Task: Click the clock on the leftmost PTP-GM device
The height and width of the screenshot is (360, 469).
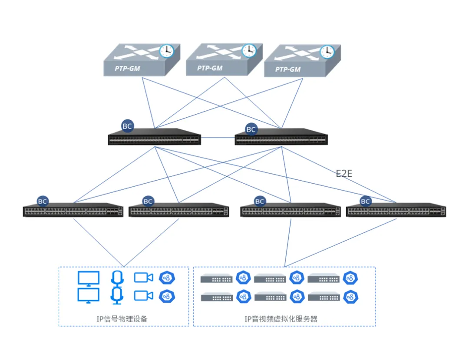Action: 166,51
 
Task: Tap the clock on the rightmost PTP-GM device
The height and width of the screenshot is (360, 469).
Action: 327,52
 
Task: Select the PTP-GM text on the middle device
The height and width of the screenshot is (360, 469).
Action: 210,68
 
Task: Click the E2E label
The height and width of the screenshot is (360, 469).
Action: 344,174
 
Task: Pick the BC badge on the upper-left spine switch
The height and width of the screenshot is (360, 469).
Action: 127,126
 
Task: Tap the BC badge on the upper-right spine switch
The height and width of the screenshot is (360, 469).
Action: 251,129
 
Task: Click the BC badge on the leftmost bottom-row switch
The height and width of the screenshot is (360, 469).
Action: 43,201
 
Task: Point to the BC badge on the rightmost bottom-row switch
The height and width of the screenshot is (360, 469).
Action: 365,201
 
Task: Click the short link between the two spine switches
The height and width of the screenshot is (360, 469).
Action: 217,138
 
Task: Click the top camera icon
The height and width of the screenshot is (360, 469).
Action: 143,277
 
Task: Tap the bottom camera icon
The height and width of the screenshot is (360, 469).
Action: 143,296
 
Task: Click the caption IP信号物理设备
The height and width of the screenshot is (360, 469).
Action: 122,319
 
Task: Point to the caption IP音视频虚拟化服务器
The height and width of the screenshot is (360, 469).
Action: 281,319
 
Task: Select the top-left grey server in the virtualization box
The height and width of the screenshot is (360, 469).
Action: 216,278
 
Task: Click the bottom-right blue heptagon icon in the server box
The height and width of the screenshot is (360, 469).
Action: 350,297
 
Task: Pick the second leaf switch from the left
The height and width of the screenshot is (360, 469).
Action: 179,211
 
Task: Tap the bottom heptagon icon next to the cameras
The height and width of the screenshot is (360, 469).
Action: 167,296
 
